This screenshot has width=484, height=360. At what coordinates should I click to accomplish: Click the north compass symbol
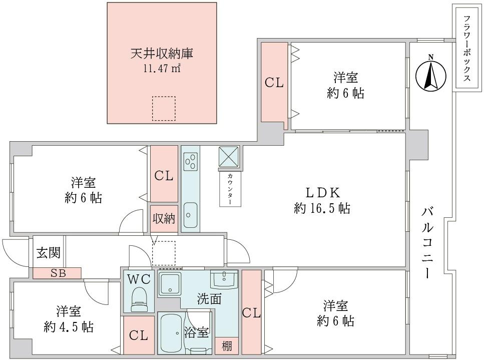coord(430,73)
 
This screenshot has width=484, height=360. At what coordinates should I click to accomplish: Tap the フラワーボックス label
coord(467,49)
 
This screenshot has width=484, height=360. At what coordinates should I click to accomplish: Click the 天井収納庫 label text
coord(162,53)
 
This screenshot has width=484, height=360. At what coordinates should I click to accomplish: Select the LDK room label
coord(323,192)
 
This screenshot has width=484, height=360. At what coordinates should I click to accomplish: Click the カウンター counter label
coord(230,189)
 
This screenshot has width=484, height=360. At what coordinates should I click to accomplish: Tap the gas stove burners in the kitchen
coord(190,161)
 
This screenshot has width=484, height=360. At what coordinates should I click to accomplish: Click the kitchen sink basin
coord(190,214)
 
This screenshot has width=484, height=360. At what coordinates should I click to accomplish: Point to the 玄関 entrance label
coord(49,252)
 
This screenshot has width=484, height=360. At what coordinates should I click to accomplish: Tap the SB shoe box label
coord(57,273)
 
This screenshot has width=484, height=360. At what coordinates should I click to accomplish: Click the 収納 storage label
coord(164,219)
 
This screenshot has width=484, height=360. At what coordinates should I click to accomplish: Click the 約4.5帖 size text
coord(68,327)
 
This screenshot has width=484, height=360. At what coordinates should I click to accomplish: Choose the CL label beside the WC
coord(138,335)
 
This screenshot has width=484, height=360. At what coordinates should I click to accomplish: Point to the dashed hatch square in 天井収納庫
coord(164,108)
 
